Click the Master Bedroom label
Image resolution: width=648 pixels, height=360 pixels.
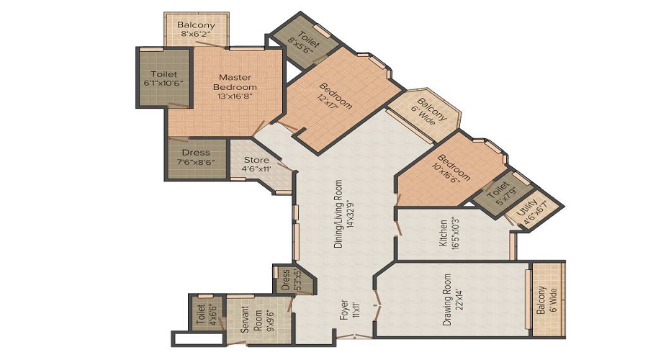(235, 82)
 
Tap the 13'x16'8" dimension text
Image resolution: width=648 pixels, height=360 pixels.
(235, 96)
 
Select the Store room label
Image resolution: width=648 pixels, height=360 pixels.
(256, 160)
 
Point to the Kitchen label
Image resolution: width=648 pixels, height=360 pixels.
(443, 233)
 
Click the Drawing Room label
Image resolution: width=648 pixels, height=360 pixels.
(447, 300)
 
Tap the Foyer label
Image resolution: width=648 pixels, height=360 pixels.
(343, 310)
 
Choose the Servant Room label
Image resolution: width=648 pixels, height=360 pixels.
(251, 319)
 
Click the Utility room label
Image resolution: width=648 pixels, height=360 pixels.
(527, 209)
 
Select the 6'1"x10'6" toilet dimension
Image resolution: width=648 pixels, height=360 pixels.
(163, 83)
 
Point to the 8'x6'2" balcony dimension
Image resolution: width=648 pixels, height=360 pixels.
(196, 34)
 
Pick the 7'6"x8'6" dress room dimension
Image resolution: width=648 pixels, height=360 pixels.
(196, 163)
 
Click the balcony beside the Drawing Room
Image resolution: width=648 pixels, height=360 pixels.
(549, 300)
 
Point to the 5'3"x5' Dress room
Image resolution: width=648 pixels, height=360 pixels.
(294, 280)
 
